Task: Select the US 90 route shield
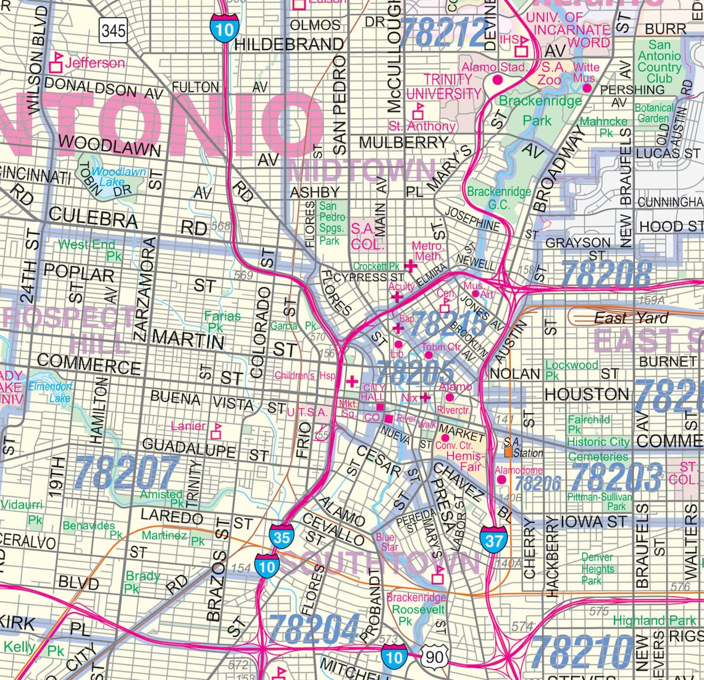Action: click(x=435, y=657)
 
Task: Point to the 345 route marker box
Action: click(x=113, y=30)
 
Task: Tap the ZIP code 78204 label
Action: click(x=315, y=629)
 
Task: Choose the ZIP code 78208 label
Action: click(x=608, y=274)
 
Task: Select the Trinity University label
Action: click(x=444, y=86)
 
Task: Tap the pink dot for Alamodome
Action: click(x=501, y=479)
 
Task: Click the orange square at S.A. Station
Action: click(x=508, y=452)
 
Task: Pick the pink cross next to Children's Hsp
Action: click(x=351, y=381)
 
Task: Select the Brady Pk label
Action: click(x=141, y=582)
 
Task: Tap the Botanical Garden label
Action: click(x=654, y=112)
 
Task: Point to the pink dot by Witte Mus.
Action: click(x=587, y=88)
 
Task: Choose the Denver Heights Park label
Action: click(x=597, y=569)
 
